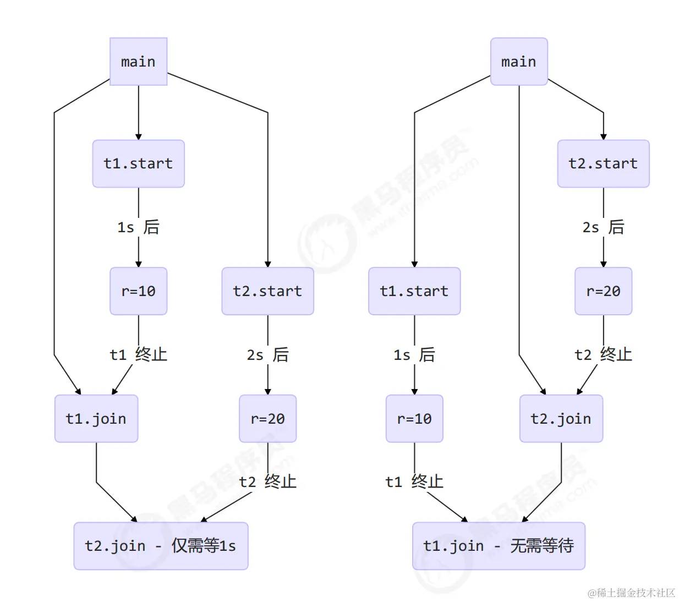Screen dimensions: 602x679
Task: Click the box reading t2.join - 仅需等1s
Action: (161, 545)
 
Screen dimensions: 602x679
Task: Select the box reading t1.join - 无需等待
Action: (499, 545)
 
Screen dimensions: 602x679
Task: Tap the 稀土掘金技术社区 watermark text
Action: (631, 593)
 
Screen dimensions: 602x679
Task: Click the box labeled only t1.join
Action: (96, 418)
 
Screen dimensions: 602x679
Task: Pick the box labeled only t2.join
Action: (561, 418)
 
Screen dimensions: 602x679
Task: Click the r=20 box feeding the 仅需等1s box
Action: (268, 418)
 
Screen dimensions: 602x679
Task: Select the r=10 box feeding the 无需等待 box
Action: (414, 418)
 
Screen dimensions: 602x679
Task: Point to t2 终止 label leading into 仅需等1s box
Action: (268, 481)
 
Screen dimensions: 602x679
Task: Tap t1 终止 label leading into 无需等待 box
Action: (414, 481)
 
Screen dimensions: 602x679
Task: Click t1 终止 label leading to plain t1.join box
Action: (139, 354)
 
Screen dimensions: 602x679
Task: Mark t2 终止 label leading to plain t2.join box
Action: (604, 354)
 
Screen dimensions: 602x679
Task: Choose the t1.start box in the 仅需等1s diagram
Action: (139, 163)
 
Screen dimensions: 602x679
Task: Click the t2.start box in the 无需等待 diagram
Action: (604, 163)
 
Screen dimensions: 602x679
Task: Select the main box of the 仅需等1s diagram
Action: (139, 62)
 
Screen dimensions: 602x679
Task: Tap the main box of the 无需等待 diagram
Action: (519, 62)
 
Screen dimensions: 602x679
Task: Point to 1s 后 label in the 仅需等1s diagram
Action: (139, 227)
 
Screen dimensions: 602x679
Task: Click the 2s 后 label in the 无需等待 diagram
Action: (604, 227)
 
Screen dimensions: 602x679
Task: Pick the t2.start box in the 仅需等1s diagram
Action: (268, 291)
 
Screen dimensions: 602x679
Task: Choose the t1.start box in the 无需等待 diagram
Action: (414, 291)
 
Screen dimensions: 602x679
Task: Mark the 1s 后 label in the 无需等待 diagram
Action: (414, 354)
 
